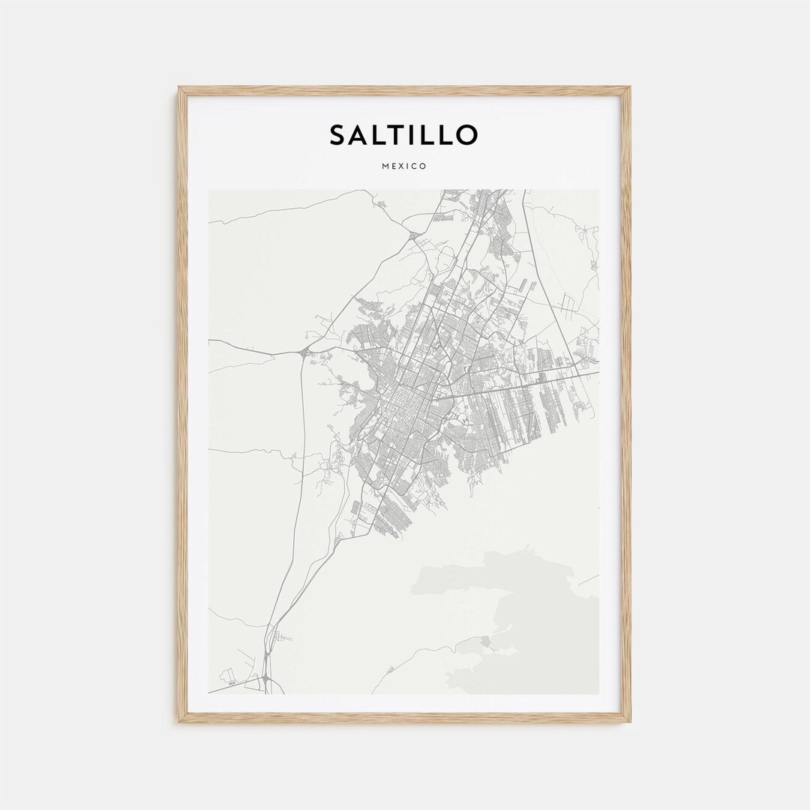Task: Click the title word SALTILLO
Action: click(x=403, y=135)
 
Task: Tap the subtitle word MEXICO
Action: click(x=403, y=166)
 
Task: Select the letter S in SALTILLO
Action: click(x=338, y=135)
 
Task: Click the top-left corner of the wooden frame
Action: click(x=180, y=88)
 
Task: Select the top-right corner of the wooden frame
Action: click(x=628, y=88)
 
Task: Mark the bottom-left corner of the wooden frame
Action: click(x=180, y=721)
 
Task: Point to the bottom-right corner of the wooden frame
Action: click(x=628, y=721)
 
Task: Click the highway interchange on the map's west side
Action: click(x=304, y=352)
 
